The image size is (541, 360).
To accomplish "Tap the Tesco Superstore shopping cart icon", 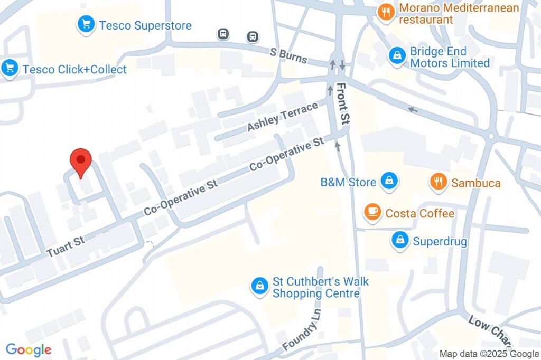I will coord(86,25).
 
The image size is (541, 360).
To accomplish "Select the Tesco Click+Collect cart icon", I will coord(9,69).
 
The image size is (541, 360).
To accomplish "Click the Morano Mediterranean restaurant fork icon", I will coord(387,13).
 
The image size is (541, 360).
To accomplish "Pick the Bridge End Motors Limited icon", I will coord(396,56).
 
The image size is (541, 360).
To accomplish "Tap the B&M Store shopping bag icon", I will coord(389,182).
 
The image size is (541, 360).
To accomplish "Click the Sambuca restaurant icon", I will coord(437,183).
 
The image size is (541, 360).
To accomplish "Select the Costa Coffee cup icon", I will coord(373,213).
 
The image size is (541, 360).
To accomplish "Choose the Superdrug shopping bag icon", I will coord(400,241).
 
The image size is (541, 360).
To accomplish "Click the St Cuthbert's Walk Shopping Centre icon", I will coord(259,287).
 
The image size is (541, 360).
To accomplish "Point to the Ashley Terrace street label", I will coord(282,117).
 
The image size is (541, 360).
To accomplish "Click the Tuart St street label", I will coord(66,247).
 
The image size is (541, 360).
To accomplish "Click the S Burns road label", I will coord(288,55).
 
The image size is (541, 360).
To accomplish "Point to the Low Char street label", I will coord(489,327).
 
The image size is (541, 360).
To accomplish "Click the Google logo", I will coord(29,349).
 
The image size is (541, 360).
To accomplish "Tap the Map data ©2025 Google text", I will coord(489,354).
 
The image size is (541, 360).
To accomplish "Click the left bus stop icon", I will coord(223,34).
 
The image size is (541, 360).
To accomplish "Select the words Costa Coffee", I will coord(420,213).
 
